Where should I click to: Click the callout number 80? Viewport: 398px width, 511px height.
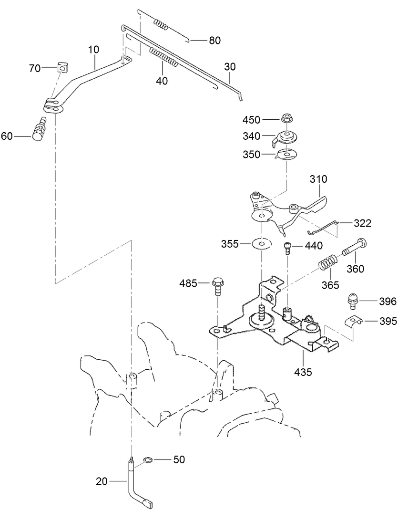coord(214,41)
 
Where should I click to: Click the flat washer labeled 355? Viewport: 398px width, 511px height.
coord(262,243)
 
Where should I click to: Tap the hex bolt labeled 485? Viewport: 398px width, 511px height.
coord(217,286)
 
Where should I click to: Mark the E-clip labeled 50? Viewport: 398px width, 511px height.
coord(148,460)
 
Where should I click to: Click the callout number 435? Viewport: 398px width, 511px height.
coord(303,372)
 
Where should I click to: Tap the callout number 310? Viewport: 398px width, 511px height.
coord(318,179)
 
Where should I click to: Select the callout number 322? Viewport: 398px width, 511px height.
coord(362,223)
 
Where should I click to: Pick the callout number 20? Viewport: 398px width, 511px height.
coord(102,481)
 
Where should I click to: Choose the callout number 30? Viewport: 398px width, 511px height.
coord(230,67)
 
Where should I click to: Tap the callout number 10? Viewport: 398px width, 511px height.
coord(94,50)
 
